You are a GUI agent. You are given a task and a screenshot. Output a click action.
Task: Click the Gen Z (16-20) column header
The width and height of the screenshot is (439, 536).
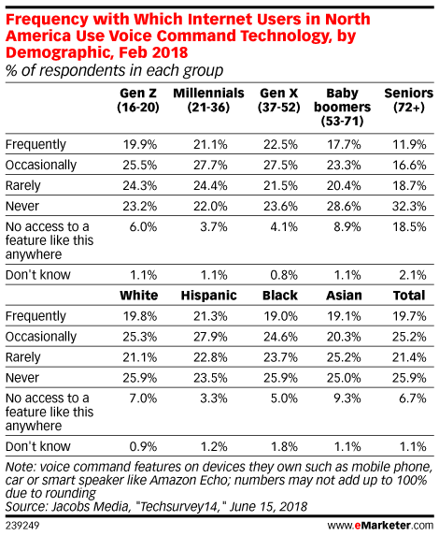[x=138, y=100]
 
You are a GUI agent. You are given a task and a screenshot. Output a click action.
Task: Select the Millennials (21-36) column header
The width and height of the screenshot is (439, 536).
[x=208, y=100]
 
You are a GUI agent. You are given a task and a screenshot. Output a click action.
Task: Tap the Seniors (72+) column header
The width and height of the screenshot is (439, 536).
[x=408, y=100]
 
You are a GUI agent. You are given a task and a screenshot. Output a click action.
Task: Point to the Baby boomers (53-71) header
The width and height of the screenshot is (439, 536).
[x=343, y=107]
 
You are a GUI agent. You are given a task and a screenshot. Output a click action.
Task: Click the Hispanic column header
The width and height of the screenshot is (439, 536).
[x=209, y=296]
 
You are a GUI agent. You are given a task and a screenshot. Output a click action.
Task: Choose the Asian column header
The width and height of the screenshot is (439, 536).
[x=344, y=296]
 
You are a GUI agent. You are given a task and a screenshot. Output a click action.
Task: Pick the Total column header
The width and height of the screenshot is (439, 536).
[x=409, y=296]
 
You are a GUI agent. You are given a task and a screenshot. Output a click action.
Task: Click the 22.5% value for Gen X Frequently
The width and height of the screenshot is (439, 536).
[x=280, y=145]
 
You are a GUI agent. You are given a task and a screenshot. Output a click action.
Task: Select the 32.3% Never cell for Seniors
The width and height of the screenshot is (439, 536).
[x=409, y=206]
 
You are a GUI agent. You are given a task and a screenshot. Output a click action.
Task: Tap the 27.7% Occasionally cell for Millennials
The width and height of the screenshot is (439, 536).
[x=210, y=166]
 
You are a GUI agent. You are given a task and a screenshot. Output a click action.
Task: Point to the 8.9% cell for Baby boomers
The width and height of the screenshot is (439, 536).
[x=347, y=226]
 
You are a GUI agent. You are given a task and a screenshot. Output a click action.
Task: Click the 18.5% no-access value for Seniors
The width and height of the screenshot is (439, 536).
[x=409, y=226]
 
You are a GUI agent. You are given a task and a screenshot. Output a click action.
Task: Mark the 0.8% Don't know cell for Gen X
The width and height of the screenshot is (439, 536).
[x=284, y=275]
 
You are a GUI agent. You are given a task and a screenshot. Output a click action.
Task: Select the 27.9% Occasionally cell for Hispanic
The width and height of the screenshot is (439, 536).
[x=210, y=337]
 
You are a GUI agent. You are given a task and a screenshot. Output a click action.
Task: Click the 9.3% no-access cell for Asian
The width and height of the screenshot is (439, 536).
[x=347, y=398]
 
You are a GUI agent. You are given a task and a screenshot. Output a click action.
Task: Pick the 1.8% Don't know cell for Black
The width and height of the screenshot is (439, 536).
[x=284, y=446]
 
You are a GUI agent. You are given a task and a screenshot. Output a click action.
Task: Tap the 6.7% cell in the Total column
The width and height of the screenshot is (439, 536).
[x=412, y=398]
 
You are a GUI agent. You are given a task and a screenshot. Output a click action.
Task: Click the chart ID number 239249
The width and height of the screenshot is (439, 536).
[x=22, y=526]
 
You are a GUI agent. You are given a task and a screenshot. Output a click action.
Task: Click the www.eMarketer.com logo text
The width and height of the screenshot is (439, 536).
[x=380, y=525]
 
